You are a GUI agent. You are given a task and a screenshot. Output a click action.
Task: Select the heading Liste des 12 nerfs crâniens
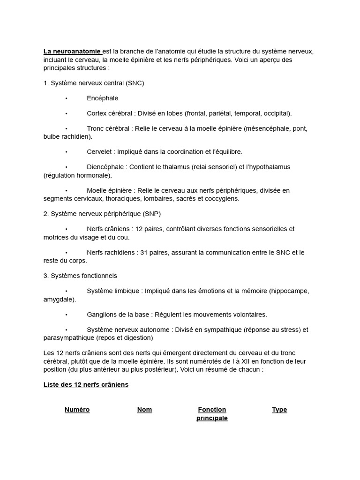coord(86,385)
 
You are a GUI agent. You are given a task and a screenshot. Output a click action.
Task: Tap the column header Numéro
coord(77,410)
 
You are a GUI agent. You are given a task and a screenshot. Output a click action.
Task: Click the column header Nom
coord(144,410)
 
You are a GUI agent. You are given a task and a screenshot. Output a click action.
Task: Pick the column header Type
coord(279,410)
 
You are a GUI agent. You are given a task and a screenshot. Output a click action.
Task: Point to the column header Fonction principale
coord(212,414)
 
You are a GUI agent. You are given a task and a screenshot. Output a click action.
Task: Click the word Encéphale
coord(102,98)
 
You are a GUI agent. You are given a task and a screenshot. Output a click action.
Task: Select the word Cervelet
coord(99,152)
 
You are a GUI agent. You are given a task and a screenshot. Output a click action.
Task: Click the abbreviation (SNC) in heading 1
coord(134,83)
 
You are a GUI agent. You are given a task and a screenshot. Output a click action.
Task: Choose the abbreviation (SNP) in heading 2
coord(150,214)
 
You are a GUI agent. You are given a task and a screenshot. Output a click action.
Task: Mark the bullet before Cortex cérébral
coord(67,113)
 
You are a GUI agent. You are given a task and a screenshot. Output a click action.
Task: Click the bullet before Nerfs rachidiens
coord(67,253)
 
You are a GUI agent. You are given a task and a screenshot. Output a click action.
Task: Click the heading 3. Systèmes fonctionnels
coord(80,276)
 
